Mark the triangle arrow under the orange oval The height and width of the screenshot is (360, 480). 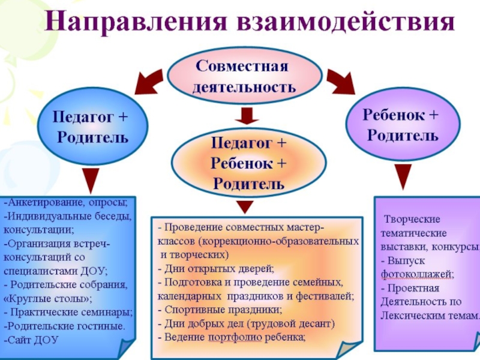244,206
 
